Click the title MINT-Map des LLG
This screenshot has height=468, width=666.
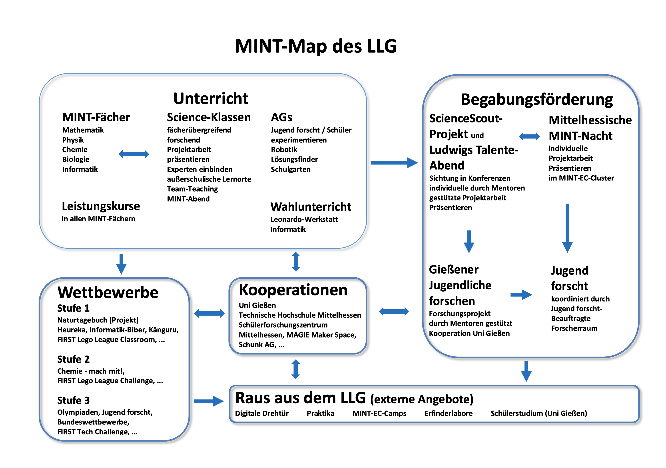[x=316, y=46]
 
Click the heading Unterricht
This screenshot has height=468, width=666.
[x=211, y=98]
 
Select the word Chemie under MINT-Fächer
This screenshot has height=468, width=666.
[x=75, y=150]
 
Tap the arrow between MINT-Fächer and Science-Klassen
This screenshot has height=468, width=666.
[x=134, y=154]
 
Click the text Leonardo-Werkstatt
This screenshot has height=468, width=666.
[x=304, y=219]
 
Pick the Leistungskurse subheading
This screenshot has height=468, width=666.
[x=101, y=206]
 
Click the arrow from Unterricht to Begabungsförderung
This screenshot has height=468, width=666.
[x=394, y=163]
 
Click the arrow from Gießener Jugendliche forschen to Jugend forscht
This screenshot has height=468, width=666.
[x=521, y=295]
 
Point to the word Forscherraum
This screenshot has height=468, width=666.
[x=574, y=328]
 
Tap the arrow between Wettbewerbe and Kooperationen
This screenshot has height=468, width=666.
[x=209, y=313]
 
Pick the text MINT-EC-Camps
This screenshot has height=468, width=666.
[x=379, y=414]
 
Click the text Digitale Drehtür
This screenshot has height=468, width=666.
[x=262, y=414]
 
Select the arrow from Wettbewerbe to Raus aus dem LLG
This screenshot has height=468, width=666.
[x=209, y=401]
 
